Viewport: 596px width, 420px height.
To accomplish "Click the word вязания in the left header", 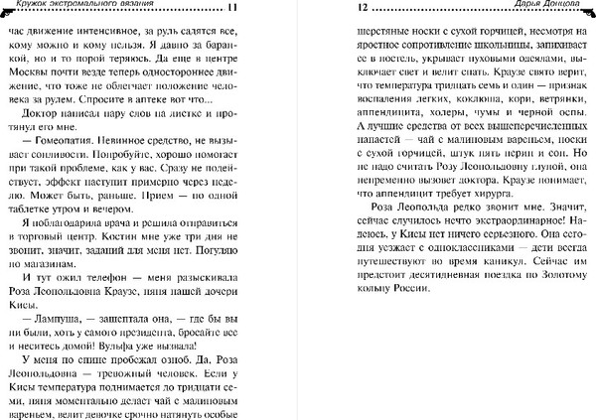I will tap(137, 9).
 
